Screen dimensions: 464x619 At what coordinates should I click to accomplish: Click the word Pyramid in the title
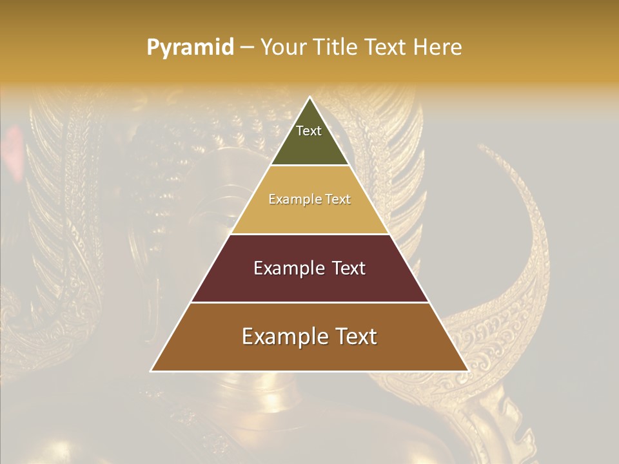click(190, 48)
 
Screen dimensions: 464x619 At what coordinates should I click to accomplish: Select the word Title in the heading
click(335, 47)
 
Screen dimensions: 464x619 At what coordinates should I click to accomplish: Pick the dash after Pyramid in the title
click(246, 48)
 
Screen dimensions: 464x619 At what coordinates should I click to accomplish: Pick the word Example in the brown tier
click(280, 336)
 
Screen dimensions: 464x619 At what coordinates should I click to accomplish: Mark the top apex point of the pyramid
click(309, 97)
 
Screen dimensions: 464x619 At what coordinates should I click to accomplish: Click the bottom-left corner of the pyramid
click(152, 371)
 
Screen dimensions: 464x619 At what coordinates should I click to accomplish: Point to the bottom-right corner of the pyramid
click(467, 371)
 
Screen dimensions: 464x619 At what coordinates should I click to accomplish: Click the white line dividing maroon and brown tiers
click(309, 302)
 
